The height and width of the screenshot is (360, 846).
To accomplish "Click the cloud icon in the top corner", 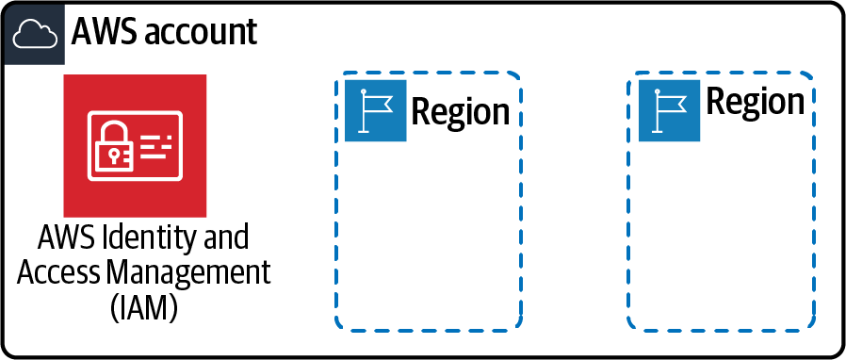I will pyautogui.click(x=33, y=34).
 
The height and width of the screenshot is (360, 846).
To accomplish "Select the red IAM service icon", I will pyautogui.click(x=135, y=145).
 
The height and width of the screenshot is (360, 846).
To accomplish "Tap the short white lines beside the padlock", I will pyautogui.click(x=156, y=143).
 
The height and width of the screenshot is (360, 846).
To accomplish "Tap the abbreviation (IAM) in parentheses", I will pyautogui.click(x=136, y=308).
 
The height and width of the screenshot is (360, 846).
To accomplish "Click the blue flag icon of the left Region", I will pyautogui.click(x=376, y=110).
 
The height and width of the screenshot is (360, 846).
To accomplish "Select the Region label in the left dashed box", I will pyautogui.click(x=461, y=111).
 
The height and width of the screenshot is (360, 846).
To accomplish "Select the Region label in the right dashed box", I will pyautogui.click(x=756, y=101).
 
